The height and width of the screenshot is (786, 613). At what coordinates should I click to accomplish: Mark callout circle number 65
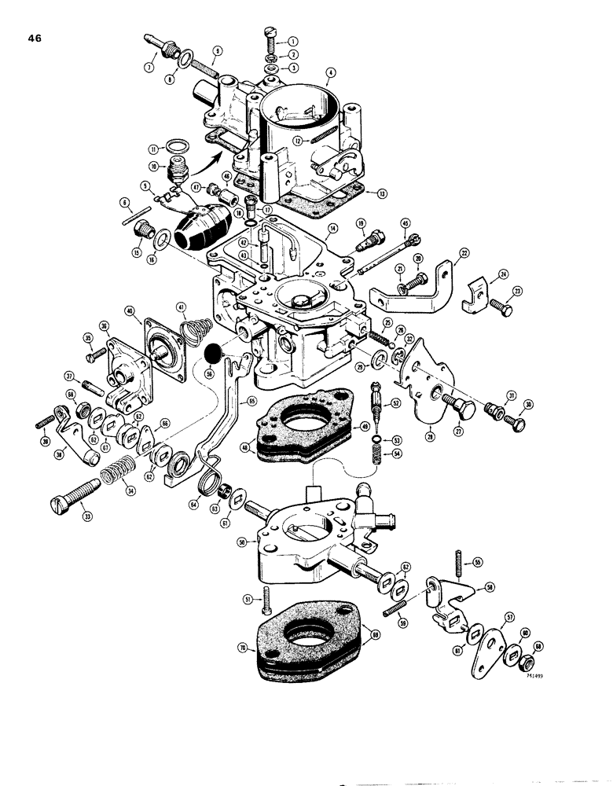tap(253, 401)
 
